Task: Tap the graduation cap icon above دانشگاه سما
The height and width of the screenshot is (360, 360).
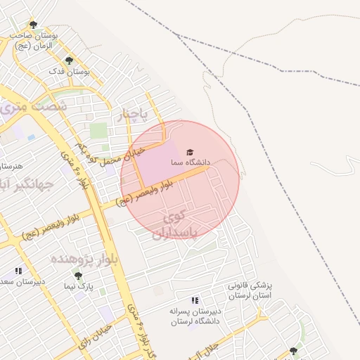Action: (188, 152)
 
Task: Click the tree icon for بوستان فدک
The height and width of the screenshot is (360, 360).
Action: (68, 60)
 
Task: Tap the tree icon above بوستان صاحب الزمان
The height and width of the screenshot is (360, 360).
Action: (33, 25)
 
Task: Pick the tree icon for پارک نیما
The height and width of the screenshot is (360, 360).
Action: (78, 276)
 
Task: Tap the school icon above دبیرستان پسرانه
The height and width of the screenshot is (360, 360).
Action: (195, 300)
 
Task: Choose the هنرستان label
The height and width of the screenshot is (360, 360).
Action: (11, 166)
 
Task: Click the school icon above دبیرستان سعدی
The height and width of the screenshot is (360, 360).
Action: (18, 271)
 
